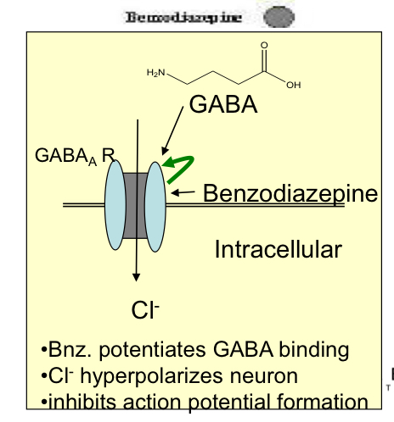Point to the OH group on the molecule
pyautogui.click(x=293, y=85)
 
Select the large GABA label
pyautogui.click(x=222, y=105)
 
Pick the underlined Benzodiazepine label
pyautogui.click(x=290, y=193)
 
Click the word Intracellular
pyautogui.click(x=278, y=249)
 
